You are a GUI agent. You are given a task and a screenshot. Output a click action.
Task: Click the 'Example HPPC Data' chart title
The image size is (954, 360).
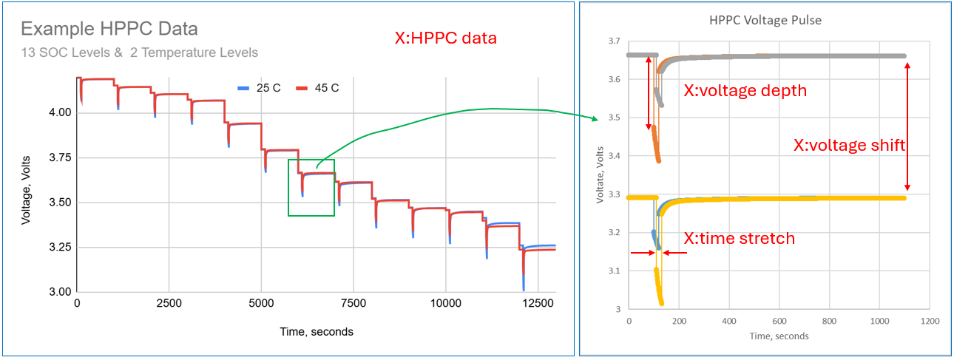click(x=109, y=30)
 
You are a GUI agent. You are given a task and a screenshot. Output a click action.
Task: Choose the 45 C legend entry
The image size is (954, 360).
click(x=318, y=88)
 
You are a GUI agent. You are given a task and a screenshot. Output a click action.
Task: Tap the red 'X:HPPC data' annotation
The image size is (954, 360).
click(x=445, y=38)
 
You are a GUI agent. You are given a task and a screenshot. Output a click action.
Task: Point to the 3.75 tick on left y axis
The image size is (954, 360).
click(x=59, y=157)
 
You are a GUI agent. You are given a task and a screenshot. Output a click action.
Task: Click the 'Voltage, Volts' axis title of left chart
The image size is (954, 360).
click(x=26, y=186)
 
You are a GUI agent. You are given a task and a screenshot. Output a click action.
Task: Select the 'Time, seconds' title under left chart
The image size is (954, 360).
click(x=316, y=332)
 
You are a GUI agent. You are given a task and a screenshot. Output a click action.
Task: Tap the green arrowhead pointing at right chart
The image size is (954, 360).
click(x=596, y=118)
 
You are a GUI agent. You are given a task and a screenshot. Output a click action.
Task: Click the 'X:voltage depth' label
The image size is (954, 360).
click(x=745, y=91)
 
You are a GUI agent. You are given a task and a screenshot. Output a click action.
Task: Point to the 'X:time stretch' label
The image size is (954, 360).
click(x=739, y=238)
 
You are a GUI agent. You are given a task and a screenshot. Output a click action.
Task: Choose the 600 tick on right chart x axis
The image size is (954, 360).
click(x=779, y=322)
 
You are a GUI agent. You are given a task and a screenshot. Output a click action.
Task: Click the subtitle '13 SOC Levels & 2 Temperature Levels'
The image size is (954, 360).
click(x=139, y=52)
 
